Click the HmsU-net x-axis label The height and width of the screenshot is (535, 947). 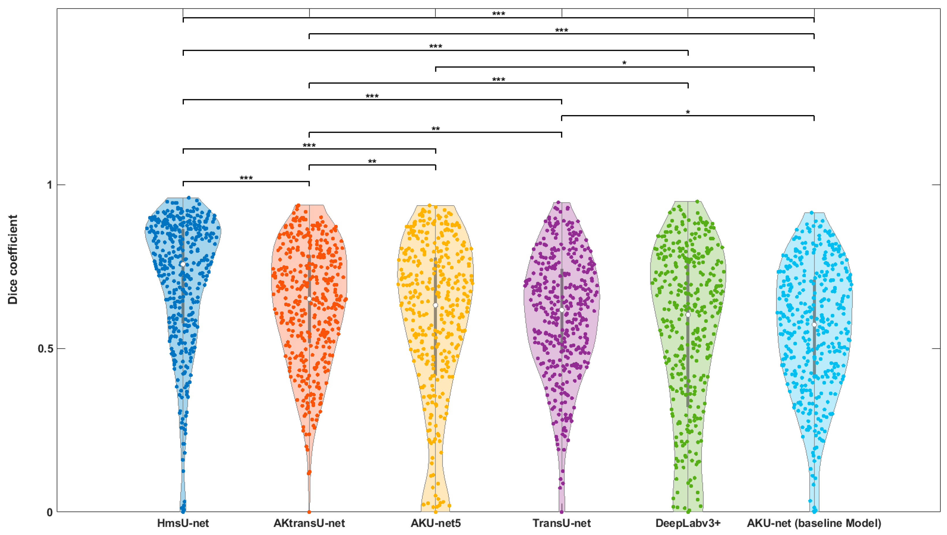click(x=183, y=523)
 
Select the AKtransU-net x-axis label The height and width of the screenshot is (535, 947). click(x=309, y=523)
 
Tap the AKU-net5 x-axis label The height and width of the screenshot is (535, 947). click(x=436, y=523)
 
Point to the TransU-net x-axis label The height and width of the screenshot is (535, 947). click(x=562, y=523)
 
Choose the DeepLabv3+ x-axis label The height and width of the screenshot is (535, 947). click(x=688, y=523)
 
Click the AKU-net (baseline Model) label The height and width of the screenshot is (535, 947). click(x=814, y=523)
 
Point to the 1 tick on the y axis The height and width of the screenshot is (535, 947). click(x=50, y=185)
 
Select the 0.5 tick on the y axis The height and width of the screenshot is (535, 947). click(x=46, y=348)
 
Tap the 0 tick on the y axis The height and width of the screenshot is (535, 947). click(x=50, y=512)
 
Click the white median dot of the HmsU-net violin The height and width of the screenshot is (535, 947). click(x=183, y=264)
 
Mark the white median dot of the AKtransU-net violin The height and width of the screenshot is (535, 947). click(x=309, y=299)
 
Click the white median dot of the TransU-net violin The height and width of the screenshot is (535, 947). click(x=562, y=310)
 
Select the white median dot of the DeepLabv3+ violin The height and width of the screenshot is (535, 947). click(x=688, y=315)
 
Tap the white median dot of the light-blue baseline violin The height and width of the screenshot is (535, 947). click(x=814, y=324)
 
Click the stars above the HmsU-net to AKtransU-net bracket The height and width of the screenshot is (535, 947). click(x=246, y=178)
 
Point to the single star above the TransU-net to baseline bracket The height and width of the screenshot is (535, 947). click(x=688, y=112)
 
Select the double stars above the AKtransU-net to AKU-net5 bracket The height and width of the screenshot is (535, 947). click(x=372, y=162)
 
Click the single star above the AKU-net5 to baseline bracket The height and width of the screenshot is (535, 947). click(x=624, y=63)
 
